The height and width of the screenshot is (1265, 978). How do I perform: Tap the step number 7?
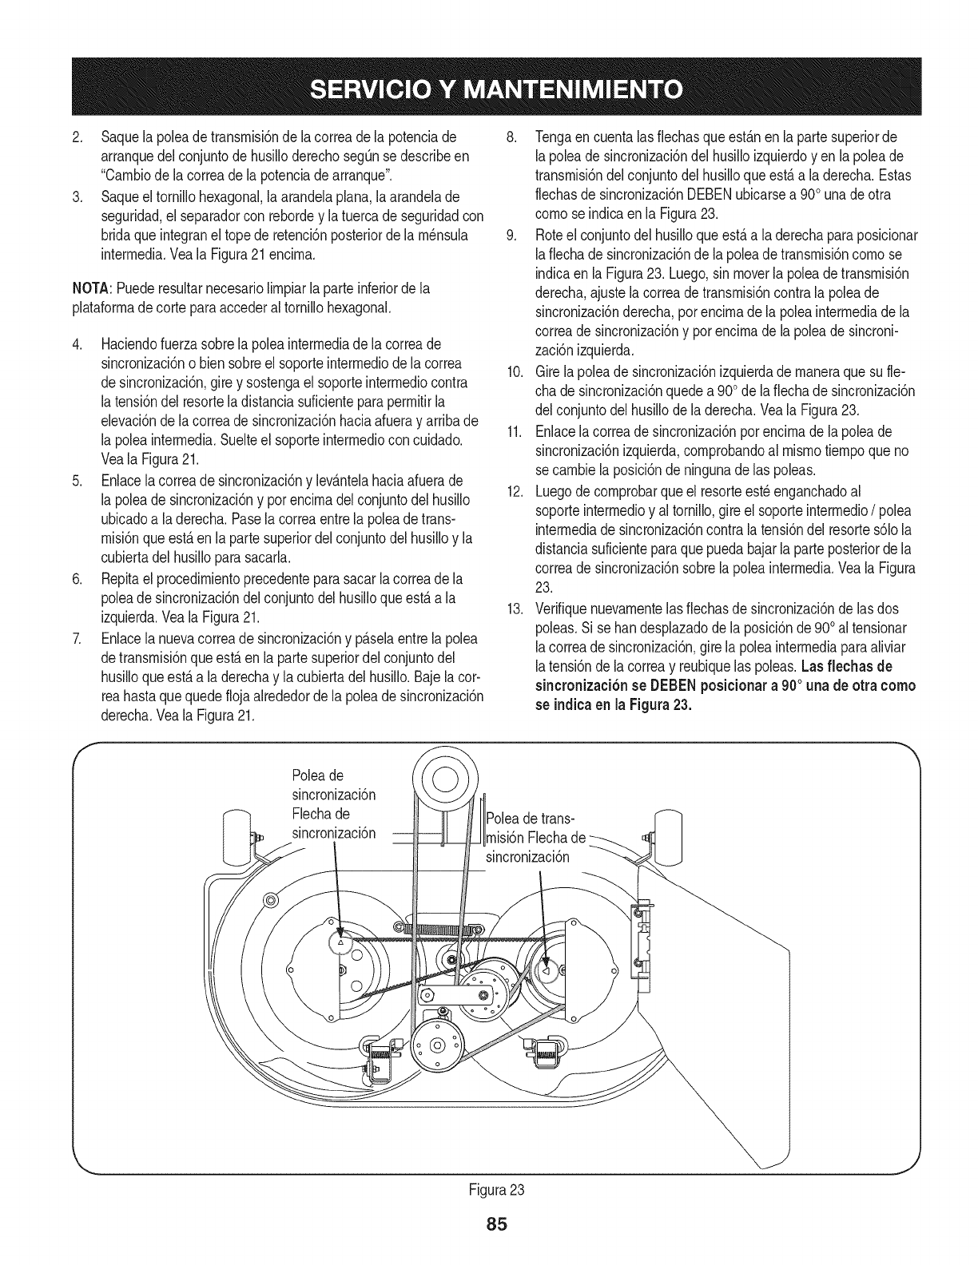pos(77,639)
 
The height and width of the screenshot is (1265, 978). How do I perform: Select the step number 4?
pos(77,344)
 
